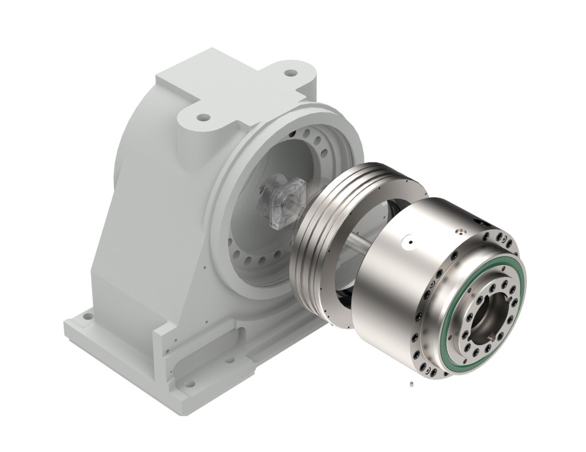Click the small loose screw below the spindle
pyautogui.click(x=411, y=383)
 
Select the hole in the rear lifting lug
pyautogui.click(x=291, y=73)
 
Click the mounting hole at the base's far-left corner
pyautogui.click(x=86, y=316)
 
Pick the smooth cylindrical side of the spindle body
pyautogui.click(x=390, y=286)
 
